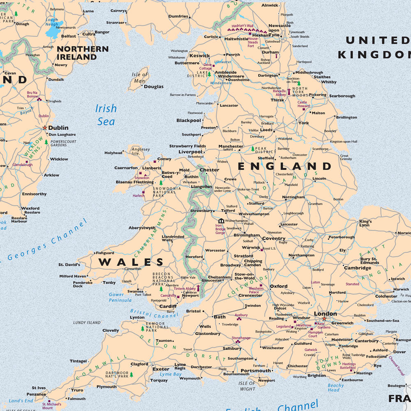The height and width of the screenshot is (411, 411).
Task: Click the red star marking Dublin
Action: pyautogui.click(x=45, y=128)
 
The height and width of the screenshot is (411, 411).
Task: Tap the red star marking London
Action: pyautogui.click(x=324, y=319)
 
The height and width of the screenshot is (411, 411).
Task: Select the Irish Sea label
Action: pyautogui.click(x=106, y=115)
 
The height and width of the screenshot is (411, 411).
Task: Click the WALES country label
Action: pyautogui.click(x=131, y=262)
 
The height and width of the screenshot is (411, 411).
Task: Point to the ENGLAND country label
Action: pyautogui.click(x=285, y=166)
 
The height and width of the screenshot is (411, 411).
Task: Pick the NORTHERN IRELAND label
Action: pyautogui.click(x=82, y=53)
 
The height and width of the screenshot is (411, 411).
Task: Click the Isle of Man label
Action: pyautogui.click(x=140, y=78)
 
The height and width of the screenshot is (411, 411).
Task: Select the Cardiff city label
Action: pyautogui.click(x=168, y=306)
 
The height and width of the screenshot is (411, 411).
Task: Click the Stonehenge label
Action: pyautogui.click(x=241, y=338)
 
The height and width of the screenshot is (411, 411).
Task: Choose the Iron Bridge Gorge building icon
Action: pyautogui.click(x=221, y=221)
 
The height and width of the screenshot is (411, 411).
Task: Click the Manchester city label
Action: pyautogui.click(x=231, y=146)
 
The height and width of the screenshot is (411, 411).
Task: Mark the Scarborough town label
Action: pyautogui.click(x=342, y=96)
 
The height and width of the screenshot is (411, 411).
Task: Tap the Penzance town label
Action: pyautogui.click(x=36, y=394)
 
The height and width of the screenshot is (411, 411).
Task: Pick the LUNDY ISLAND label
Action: pyautogui.click(x=87, y=323)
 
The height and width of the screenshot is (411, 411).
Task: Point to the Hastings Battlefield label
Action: pyautogui.click(x=349, y=366)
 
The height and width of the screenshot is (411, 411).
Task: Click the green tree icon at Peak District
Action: pyautogui.click(x=253, y=148)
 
